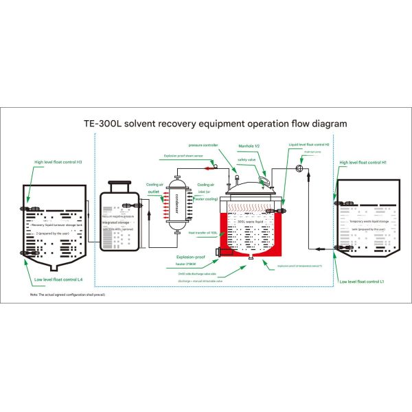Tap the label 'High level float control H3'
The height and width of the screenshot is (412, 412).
click(58, 163)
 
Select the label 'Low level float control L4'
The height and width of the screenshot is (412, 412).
click(58, 279)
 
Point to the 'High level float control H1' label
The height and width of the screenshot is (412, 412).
click(363, 163)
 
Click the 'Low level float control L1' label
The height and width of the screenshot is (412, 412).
click(363, 282)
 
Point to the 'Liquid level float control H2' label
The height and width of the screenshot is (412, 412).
click(309, 145)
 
